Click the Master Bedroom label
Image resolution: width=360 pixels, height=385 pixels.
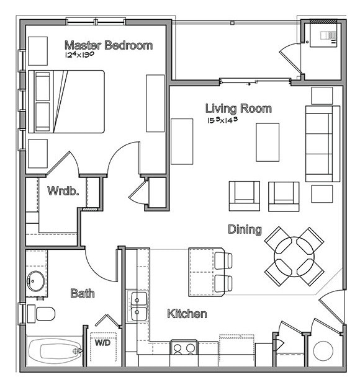[109, 45]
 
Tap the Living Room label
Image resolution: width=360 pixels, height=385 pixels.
[238, 109]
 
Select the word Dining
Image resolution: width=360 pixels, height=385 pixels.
[244, 229]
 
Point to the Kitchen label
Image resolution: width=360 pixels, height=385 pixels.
[187, 314]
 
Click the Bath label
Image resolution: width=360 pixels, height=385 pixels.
[82, 293]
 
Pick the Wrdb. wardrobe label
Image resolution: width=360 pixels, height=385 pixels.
[63, 191]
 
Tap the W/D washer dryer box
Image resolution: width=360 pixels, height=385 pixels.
[102, 342]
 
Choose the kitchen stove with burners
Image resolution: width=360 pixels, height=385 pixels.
[184, 348]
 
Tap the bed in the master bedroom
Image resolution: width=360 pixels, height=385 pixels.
[67, 102]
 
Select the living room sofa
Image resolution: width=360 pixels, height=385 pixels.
[322, 143]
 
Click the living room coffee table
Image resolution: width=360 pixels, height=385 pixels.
[268, 142]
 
